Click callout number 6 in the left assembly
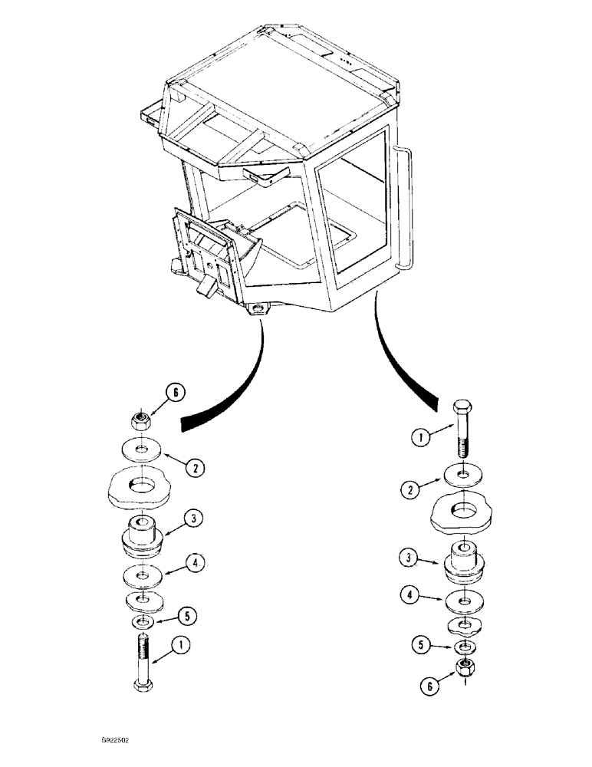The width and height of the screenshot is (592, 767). click(176, 393)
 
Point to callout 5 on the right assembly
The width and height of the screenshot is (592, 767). click(418, 645)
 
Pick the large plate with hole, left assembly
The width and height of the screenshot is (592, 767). click(140, 487)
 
